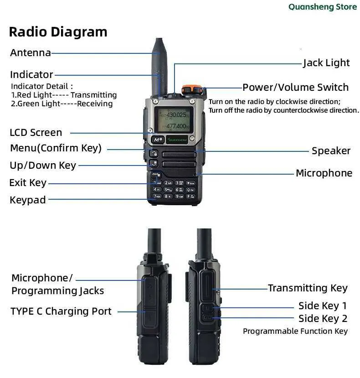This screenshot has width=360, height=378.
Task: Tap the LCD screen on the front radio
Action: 174,120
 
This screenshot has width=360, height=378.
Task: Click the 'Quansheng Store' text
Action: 323,7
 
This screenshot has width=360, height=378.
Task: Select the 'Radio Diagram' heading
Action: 58,32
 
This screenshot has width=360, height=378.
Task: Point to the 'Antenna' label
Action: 31,53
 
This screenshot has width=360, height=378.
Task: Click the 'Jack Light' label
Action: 326,63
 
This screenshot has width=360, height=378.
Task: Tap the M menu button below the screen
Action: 158,140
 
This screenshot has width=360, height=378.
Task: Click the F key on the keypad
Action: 190,197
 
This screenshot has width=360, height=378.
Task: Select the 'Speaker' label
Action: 331,151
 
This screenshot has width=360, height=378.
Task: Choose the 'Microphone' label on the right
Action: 324,173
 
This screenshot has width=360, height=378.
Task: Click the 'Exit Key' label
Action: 28,183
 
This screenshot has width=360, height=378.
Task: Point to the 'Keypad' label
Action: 28,200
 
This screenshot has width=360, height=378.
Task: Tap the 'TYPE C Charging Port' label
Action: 61,311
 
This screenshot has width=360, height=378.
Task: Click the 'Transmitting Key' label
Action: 308,288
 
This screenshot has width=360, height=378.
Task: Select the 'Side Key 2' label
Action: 323,319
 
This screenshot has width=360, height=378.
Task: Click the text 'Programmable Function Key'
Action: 295,331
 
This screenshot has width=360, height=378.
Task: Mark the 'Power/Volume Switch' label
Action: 295,87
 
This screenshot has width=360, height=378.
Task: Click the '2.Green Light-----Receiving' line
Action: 62,104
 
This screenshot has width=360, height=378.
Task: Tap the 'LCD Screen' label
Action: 36,133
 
